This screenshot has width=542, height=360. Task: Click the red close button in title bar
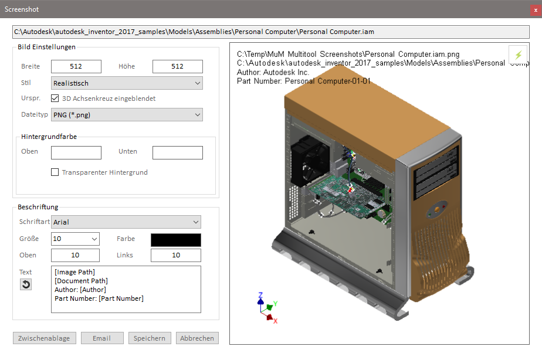click(536, 9)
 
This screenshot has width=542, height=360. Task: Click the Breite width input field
click(76, 67)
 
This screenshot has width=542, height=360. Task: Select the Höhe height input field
click(177, 67)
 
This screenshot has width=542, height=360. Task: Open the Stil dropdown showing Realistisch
click(127, 83)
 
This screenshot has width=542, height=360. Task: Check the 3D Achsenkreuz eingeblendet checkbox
click(55, 99)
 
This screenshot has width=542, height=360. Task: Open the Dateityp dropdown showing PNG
click(127, 115)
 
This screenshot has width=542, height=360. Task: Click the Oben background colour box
click(76, 152)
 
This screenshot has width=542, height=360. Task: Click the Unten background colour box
click(177, 152)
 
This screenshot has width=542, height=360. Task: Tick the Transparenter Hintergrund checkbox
click(55, 172)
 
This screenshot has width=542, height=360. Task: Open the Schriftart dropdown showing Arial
click(126, 222)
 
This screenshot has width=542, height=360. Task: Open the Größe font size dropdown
click(75, 239)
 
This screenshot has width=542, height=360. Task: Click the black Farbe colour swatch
click(176, 239)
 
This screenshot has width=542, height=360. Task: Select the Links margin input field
click(176, 255)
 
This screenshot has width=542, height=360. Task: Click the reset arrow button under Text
click(26, 284)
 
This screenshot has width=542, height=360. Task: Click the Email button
click(102, 338)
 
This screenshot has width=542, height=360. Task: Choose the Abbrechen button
click(197, 338)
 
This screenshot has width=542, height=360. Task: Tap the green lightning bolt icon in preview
click(518, 55)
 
